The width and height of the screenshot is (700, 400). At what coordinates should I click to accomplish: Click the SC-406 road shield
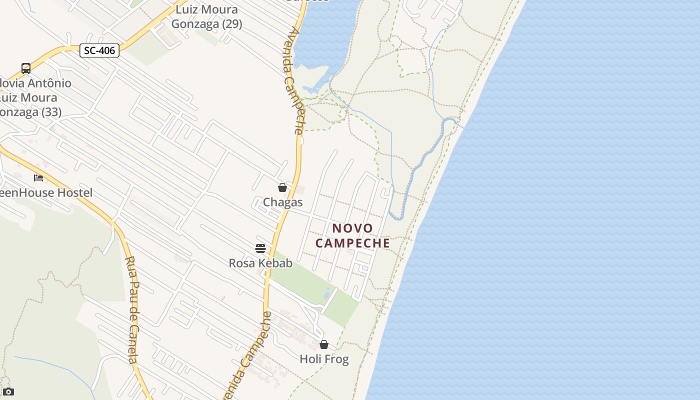click(99, 50)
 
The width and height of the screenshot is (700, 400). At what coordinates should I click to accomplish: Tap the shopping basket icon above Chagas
click(282, 187)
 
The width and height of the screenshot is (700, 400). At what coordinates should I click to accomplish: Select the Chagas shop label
click(282, 202)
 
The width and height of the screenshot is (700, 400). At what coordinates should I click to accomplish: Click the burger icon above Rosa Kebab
click(260, 248)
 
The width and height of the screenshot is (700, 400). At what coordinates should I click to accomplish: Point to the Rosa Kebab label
click(260, 263)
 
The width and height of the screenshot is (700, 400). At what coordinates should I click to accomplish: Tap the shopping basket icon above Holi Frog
click(324, 344)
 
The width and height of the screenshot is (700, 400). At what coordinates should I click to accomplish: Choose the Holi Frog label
click(324, 359)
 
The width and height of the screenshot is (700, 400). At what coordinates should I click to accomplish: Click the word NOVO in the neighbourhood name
click(353, 228)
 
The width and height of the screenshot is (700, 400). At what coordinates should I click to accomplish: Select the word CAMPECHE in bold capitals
click(353, 243)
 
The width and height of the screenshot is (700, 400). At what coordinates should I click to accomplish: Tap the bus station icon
click(26, 68)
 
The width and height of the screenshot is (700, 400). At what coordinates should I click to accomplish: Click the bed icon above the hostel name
click(38, 178)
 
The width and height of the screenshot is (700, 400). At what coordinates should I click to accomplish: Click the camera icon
click(8, 392)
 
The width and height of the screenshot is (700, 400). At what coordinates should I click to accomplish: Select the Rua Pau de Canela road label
click(132, 310)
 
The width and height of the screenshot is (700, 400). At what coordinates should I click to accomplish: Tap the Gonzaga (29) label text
click(206, 23)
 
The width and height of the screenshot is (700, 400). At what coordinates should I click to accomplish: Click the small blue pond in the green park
click(327, 293)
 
